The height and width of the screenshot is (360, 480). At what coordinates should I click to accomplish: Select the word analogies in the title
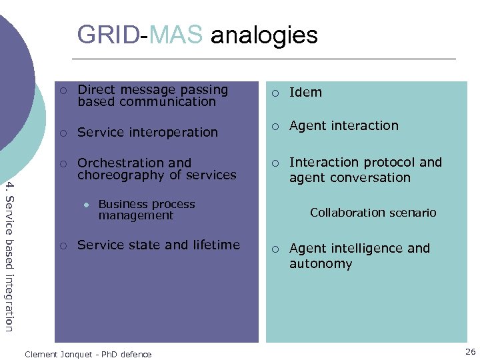[264, 35]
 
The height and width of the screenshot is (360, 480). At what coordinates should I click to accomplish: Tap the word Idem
[305, 93]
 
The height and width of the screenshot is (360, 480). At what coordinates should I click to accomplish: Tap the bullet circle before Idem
[274, 93]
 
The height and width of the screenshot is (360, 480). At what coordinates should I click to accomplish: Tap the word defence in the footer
[136, 354]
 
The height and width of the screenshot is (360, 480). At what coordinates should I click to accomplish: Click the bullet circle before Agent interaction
[274, 127]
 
